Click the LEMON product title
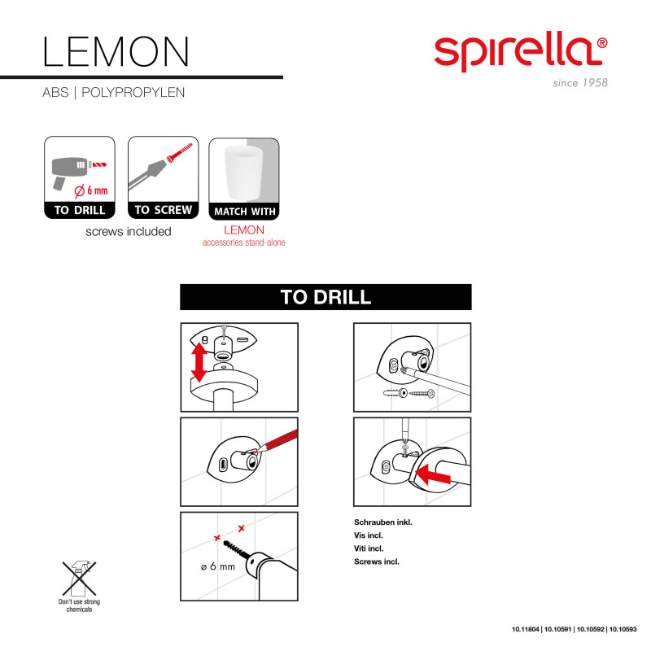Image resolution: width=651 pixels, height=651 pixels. pos(116,50)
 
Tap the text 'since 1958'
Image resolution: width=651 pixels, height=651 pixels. pos(579,83)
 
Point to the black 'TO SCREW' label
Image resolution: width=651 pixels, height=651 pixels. pos(164,210)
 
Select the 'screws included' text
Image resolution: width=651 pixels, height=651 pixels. pos(129,231)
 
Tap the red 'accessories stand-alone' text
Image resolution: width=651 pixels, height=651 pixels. pos(244,242)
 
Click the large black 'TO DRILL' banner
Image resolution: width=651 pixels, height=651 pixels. pos(325,297)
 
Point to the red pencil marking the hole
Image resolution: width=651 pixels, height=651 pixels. pos(274,443)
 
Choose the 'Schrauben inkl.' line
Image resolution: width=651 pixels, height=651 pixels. pos(382,522)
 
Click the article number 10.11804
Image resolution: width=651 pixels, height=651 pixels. pos(527,629)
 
